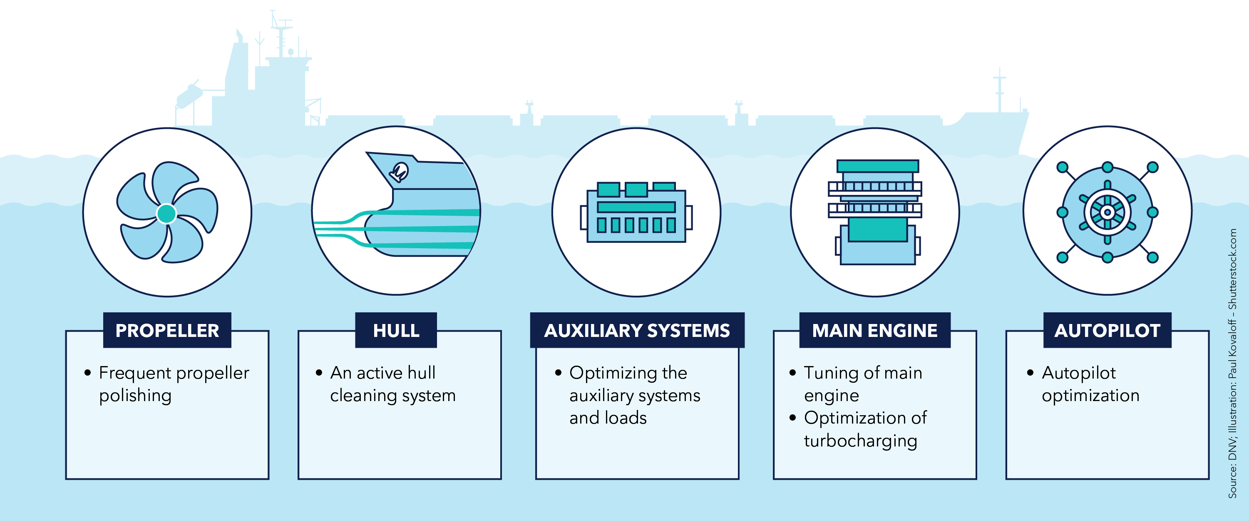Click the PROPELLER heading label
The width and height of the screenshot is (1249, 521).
click(167, 330)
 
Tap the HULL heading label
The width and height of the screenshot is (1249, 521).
click(396, 330)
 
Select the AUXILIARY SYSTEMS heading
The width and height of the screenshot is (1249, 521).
click(637, 330)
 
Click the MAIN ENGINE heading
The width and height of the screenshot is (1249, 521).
click(875, 330)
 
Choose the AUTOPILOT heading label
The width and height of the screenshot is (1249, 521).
click(1107, 330)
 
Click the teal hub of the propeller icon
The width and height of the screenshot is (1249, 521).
click(167, 214)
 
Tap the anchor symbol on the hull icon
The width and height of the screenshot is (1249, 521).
click(400, 172)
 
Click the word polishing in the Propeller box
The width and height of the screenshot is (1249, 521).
click(135, 396)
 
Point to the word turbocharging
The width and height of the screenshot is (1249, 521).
click(860, 441)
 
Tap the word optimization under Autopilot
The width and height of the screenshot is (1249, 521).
click(1090, 396)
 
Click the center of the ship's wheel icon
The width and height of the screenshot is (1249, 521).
click(1107, 212)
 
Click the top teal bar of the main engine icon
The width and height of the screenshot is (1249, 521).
click(878, 166)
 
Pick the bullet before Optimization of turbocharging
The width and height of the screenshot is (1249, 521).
click(793, 418)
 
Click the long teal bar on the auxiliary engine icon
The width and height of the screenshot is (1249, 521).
click(636, 207)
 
